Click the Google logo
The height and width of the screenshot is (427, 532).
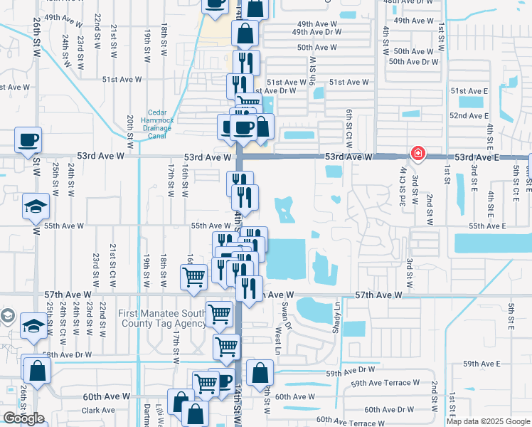(x=23, y=418)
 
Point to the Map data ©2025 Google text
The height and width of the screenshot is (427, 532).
(x=487, y=421)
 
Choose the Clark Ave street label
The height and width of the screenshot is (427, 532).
(x=98, y=410)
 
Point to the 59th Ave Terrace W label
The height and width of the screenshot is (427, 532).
(x=385, y=383)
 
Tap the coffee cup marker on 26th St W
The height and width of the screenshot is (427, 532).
(x=28, y=141)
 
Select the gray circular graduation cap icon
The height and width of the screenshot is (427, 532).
(x=7, y=315)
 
